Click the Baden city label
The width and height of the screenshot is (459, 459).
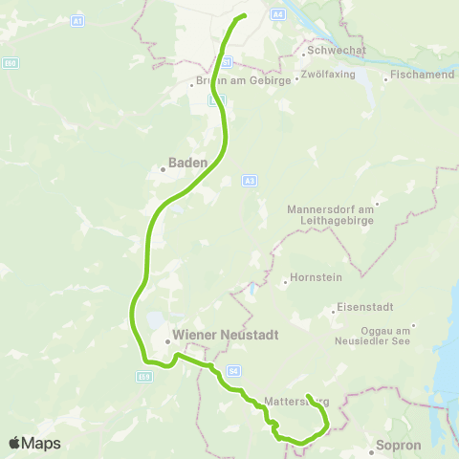tap(188, 163)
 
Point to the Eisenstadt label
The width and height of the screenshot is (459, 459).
tap(360, 309)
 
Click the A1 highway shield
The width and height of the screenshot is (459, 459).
tap(78, 20)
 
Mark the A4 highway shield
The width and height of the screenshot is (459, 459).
tap(277, 14)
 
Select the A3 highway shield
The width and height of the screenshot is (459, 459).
tap(250, 180)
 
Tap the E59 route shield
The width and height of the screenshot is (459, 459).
tap(144, 377)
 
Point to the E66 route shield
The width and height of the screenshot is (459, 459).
tap(11, 63)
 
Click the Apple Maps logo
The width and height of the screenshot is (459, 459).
tap(34, 443)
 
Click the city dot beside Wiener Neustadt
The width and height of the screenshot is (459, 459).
tap(167, 339)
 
